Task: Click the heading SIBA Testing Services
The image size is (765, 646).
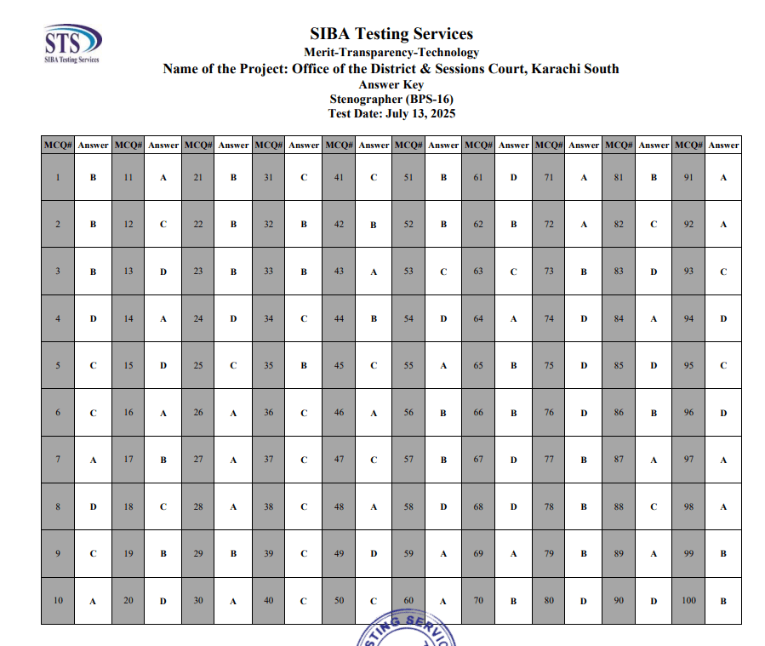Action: coord(391,34)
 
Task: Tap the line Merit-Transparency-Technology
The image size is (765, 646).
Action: coord(391,53)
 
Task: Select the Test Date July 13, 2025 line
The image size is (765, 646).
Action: coord(391,113)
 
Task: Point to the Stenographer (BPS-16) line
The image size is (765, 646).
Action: coord(391,99)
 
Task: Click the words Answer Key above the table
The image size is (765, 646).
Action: coord(391,84)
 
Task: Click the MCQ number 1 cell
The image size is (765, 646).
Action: coord(58,178)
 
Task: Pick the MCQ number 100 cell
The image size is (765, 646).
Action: coord(688,601)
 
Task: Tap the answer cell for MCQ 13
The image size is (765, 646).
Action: coord(163,272)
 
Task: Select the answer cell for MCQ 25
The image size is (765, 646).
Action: coord(233,366)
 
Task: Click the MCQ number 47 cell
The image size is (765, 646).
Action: coord(339,460)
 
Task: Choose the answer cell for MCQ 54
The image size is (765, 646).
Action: coord(443,319)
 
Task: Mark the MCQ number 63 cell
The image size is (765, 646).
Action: coord(478,272)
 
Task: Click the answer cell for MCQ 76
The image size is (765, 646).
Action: coord(584,413)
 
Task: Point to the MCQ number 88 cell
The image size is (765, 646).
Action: coord(619,506)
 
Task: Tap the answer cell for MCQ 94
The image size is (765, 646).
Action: coord(723,319)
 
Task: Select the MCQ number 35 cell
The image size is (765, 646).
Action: coord(268,366)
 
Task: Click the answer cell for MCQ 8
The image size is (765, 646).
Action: coord(93,506)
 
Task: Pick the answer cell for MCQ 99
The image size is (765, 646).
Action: coord(723,553)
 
